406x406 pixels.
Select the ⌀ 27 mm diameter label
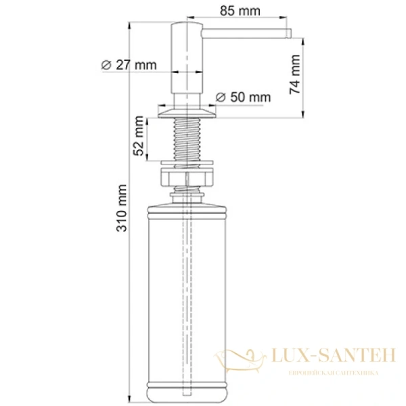point(129,65)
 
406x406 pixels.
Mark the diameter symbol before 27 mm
point(106,65)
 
